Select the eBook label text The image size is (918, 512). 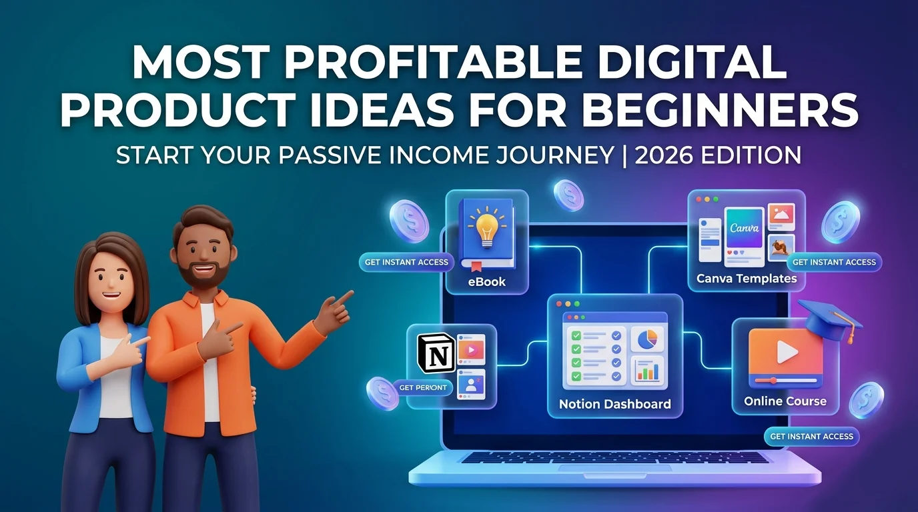(486, 281)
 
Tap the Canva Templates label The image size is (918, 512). (747, 279)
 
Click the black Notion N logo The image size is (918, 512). (434, 353)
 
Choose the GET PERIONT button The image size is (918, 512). (423, 387)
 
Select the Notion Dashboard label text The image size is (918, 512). (614, 404)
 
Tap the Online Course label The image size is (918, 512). (785, 401)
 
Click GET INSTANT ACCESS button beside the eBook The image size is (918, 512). (406, 262)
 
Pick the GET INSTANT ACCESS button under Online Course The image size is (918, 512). (811, 437)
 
